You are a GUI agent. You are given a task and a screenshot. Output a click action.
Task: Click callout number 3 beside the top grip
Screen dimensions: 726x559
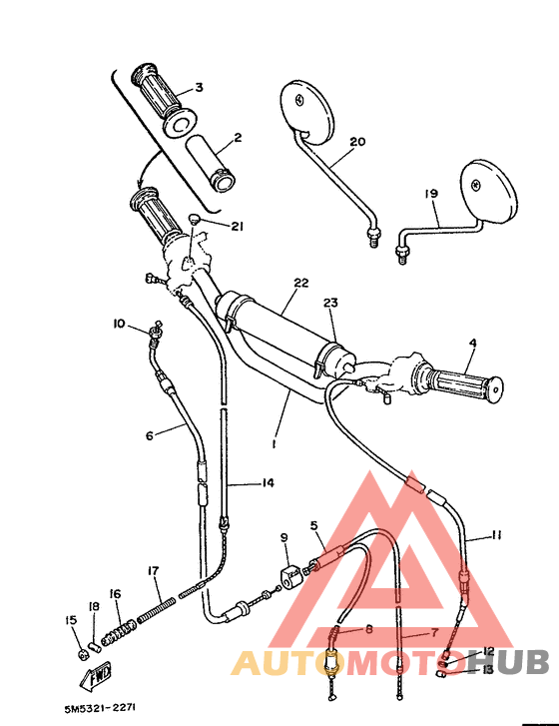point(198,88)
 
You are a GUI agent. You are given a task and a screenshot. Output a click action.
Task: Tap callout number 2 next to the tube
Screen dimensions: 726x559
point(238,138)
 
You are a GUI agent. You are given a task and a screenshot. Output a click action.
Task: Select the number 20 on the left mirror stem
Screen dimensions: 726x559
point(357,142)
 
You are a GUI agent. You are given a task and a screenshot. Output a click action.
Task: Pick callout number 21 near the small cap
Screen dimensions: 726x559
point(237,227)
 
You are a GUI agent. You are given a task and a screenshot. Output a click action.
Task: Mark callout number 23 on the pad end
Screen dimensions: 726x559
point(330,302)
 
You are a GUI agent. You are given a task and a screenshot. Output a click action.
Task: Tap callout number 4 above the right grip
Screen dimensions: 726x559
point(473,344)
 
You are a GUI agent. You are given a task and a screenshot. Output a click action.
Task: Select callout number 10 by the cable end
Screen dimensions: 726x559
point(118,324)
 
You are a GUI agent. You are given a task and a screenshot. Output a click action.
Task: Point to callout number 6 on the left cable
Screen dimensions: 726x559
point(150,435)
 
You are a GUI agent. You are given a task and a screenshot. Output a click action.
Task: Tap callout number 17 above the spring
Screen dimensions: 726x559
point(153,571)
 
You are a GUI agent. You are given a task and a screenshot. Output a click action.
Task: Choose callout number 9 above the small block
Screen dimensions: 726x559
point(283,539)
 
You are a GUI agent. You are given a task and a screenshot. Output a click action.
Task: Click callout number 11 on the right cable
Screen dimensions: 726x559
point(496,536)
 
